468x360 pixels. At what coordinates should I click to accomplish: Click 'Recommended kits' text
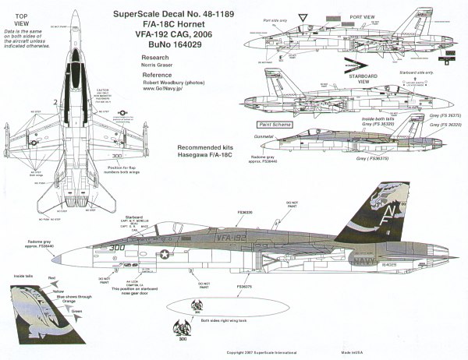tap(180, 146)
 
